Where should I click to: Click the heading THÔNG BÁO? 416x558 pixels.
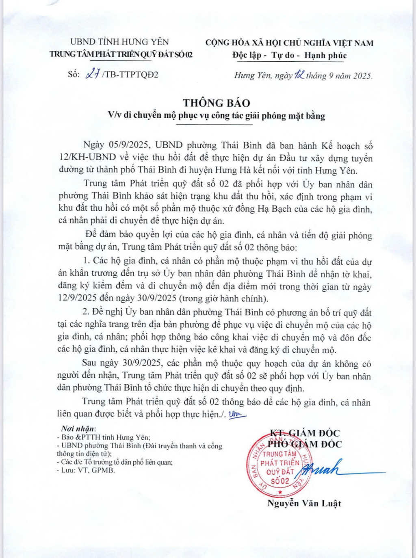coord(216,103)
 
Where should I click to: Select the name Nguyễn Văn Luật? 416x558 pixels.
coord(304,504)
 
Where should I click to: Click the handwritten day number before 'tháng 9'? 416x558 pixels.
coord(299,75)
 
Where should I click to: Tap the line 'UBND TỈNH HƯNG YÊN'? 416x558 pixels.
coord(119,42)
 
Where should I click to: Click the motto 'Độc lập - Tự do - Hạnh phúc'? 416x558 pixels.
coord(289,55)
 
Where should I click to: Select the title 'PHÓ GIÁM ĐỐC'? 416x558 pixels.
coord(304,444)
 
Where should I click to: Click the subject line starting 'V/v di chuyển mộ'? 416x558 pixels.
coord(216,116)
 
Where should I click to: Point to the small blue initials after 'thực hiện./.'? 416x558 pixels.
coord(238,414)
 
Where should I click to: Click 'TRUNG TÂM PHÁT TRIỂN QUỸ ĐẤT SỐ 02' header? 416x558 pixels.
coord(121,54)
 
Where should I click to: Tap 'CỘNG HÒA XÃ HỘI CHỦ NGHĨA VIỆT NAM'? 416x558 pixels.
coord(289,43)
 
